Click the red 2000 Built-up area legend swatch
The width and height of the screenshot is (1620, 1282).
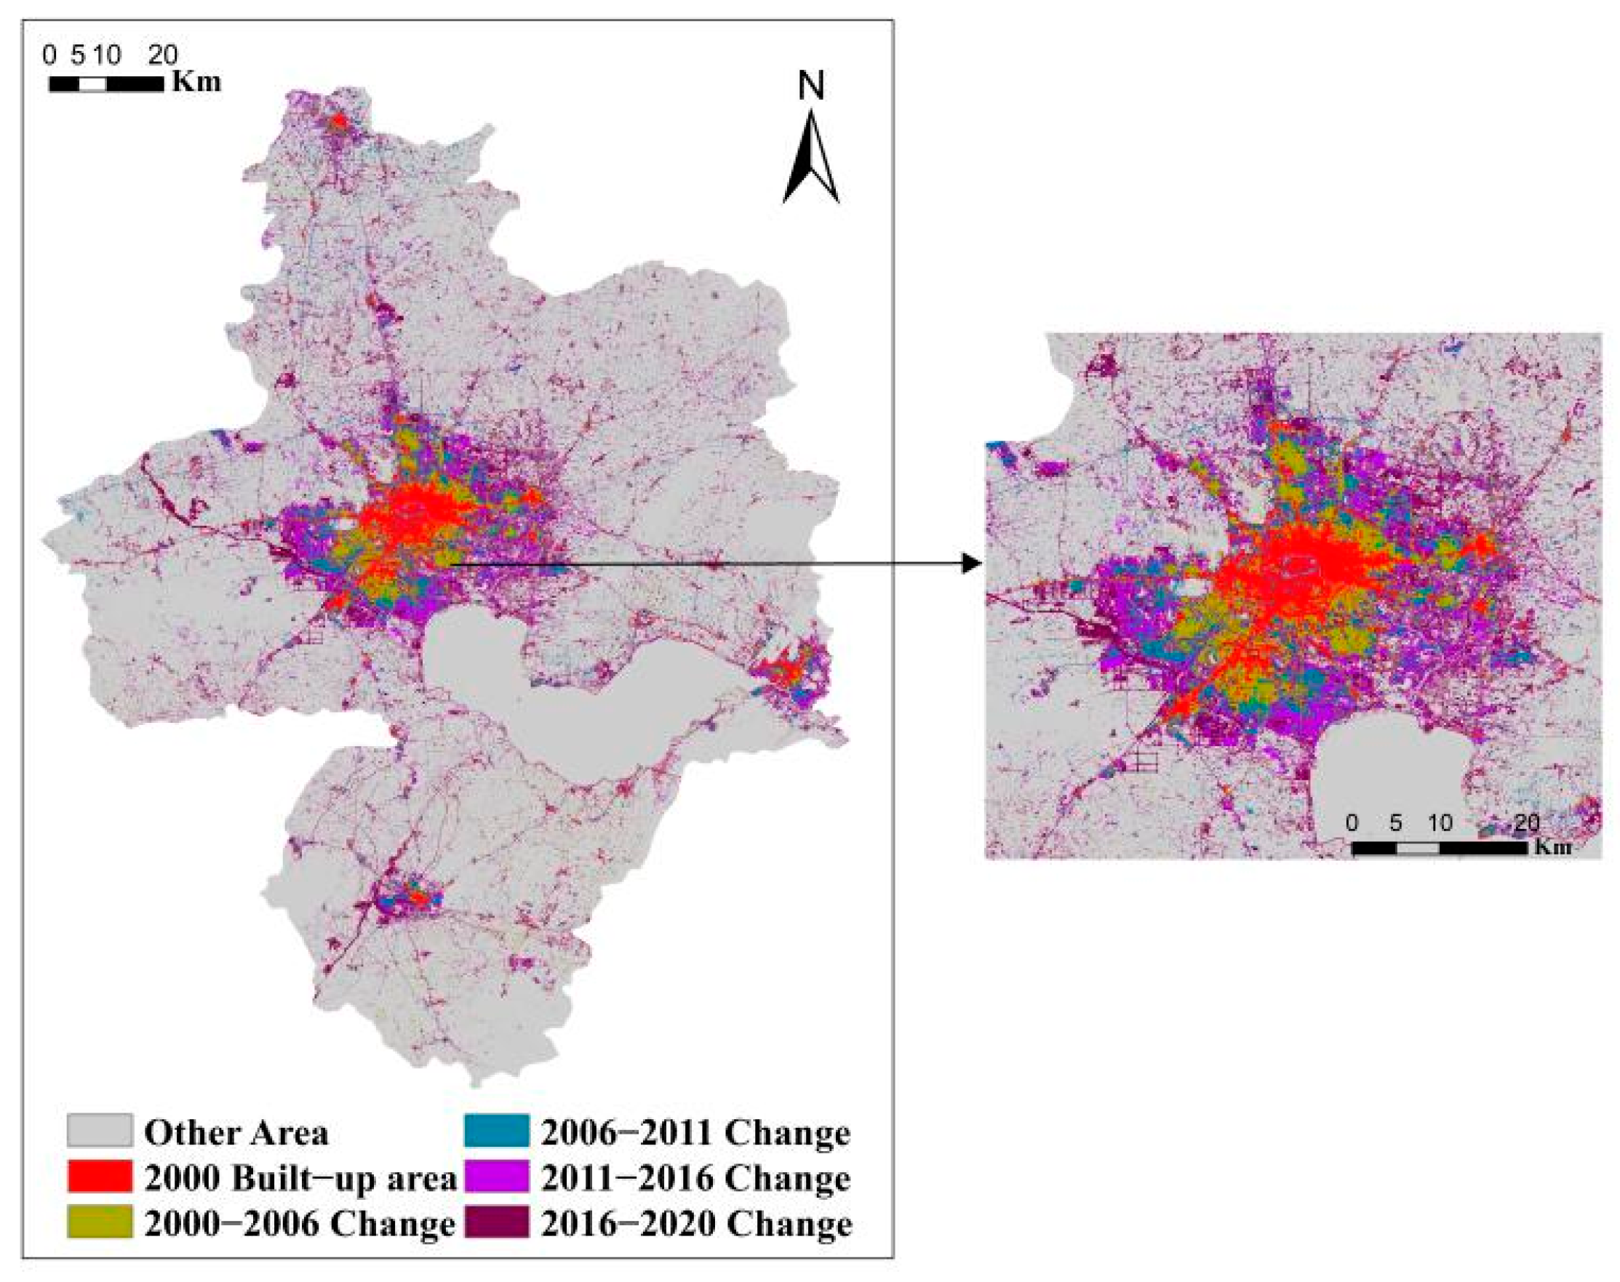pyautogui.click(x=100, y=1176)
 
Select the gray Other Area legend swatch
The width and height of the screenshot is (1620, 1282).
pyautogui.click(x=100, y=1130)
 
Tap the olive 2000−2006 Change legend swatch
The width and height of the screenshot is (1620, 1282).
pyautogui.click(x=100, y=1222)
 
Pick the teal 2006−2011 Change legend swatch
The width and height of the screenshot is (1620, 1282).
pyautogui.click(x=496, y=1130)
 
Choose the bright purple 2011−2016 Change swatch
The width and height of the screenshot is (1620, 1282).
pyautogui.click(x=496, y=1176)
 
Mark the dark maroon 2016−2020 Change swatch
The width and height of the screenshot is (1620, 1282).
pyautogui.click(x=496, y=1222)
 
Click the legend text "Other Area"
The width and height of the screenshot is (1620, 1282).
pyautogui.click(x=236, y=1133)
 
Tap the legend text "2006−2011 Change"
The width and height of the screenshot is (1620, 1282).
pyautogui.click(x=695, y=1133)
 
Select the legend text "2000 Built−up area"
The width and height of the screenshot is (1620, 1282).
pyautogui.click(x=300, y=1179)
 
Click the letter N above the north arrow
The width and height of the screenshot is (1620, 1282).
pyautogui.click(x=811, y=86)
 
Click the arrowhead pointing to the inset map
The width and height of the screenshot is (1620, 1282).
pyautogui.click(x=972, y=563)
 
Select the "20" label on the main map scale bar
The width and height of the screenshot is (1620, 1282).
pyautogui.click(x=162, y=55)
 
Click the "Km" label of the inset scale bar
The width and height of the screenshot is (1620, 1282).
pyautogui.click(x=1552, y=846)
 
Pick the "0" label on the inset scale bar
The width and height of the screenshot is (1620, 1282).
pyautogui.click(x=1352, y=822)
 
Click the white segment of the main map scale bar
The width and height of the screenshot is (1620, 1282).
pyautogui.click(x=92, y=84)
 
